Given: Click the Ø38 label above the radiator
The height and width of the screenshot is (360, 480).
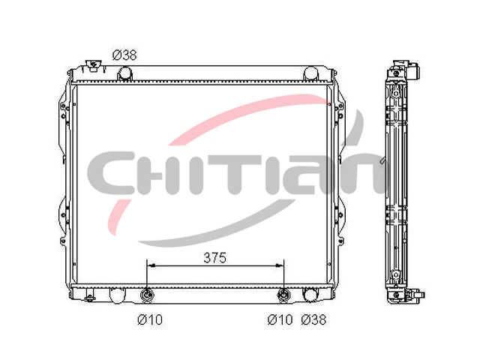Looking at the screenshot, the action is pos(124,55).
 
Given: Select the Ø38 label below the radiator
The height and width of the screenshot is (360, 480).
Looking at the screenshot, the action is pos(313,319).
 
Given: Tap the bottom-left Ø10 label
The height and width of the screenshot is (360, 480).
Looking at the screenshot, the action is pos(150,320).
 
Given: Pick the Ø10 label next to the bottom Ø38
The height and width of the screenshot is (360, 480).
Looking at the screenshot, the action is pos(280,319).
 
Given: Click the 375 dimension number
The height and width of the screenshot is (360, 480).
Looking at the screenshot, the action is pos(215,258).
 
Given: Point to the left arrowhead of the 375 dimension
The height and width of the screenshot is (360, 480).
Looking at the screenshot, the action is pos(151,265).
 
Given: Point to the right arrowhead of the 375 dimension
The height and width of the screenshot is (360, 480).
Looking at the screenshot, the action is pos(279,265).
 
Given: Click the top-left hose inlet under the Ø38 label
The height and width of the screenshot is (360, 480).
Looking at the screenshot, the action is pos(124,73).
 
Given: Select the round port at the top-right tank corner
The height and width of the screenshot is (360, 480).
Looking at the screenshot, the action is pos(310,73).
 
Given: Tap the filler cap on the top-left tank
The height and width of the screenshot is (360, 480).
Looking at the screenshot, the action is pos(93,65).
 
